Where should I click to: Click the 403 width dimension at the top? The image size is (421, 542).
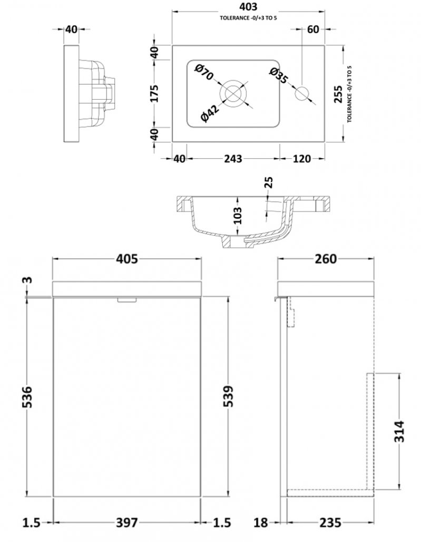point(248,6)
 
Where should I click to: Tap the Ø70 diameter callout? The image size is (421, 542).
point(204,72)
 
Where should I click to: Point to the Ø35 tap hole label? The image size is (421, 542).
point(278,76)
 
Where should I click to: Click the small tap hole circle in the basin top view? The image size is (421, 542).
point(302,94)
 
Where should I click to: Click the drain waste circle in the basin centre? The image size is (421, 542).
point(233,94)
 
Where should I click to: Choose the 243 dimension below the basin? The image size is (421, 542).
point(233,159)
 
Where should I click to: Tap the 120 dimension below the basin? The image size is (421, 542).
point(301,159)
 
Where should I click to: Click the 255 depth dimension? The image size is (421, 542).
point(338,94)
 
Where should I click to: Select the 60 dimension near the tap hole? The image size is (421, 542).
point(313,30)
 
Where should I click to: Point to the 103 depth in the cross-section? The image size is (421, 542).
point(238,216)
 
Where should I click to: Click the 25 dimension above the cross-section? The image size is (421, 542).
point(269,182)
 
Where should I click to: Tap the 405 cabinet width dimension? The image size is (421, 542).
point(127,258)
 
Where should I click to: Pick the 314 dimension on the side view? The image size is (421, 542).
point(399,431)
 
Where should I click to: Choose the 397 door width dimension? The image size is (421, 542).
point(127,522)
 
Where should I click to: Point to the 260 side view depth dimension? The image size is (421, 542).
point(326,258)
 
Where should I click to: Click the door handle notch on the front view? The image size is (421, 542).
point(127,300)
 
